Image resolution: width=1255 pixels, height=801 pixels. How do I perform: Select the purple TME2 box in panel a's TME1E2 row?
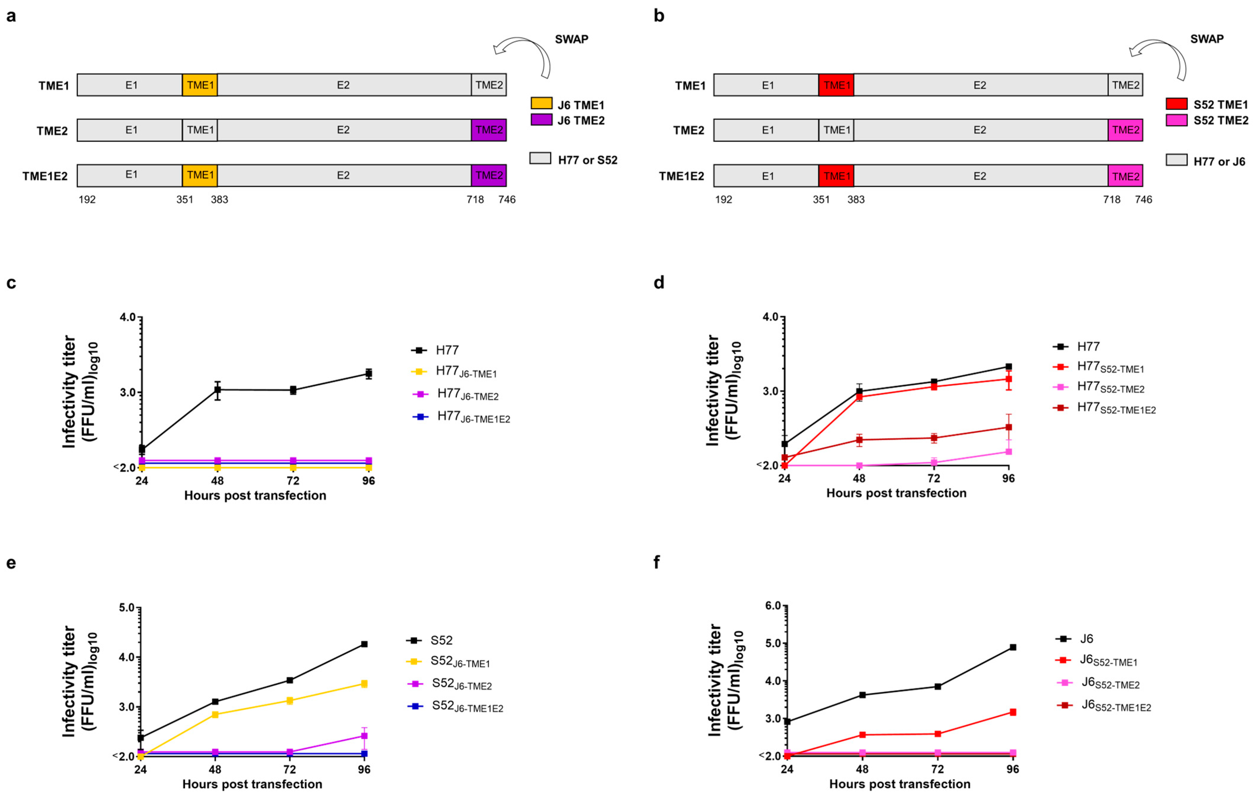[489, 176]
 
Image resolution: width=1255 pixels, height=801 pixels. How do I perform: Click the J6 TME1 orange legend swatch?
[541, 103]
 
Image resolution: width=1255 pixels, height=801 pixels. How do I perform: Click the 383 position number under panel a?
[219, 200]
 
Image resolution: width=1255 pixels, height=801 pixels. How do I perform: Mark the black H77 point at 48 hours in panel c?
[217, 390]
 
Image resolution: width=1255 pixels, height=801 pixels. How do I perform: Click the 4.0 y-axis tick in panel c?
[127, 317]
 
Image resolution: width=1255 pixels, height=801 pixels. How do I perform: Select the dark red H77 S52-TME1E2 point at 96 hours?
[1009, 427]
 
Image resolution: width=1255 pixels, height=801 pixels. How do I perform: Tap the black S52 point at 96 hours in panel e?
[364, 644]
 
